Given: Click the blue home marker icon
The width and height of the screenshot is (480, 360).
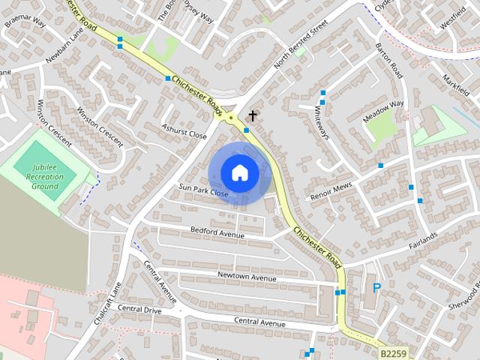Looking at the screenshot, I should [239, 172].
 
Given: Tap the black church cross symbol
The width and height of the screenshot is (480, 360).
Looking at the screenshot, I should [253, 116].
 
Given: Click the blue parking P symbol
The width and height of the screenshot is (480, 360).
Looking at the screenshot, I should [376, 287].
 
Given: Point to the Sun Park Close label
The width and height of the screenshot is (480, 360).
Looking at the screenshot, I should [202, 191].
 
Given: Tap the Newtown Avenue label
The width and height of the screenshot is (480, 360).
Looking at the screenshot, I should [247, 277].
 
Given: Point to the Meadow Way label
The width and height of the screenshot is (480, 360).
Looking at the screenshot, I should [383, 113].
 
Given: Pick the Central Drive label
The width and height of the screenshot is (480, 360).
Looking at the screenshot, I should [139, 309].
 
